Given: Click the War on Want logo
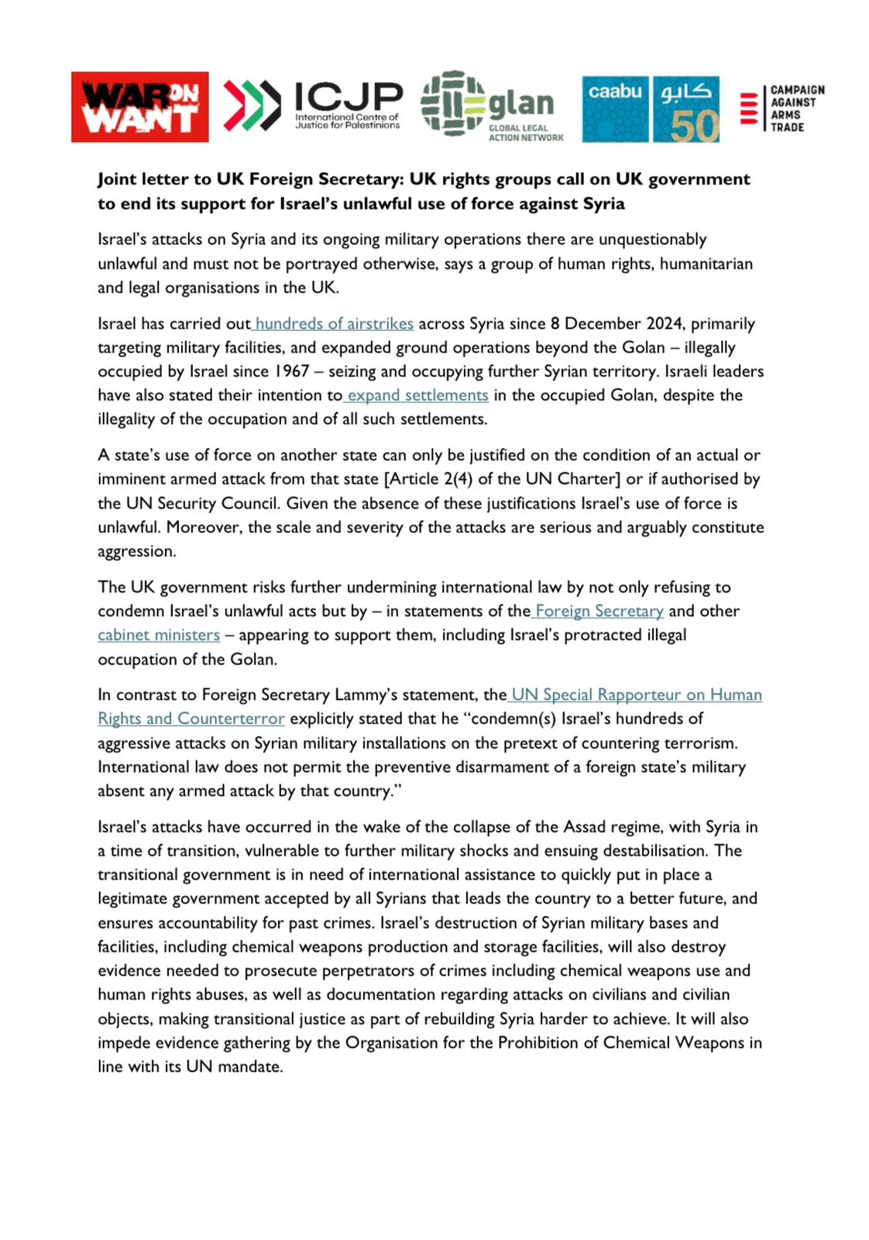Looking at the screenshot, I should coord(140,107).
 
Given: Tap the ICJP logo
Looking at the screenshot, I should coord(313,105).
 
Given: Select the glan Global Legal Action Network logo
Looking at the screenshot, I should coord(492,106).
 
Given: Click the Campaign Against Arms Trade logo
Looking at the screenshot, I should coord(782,108).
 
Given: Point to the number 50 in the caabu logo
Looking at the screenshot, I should coord(694,124).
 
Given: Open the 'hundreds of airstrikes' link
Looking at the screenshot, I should coord(334,323).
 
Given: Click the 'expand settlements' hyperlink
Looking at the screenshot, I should coord(417,395).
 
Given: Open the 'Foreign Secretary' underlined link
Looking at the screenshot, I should coord(599,611).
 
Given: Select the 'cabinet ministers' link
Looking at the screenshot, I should coord(159,635).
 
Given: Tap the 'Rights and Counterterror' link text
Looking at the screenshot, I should coord(191,718).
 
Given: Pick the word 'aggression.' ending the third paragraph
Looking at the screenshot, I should coord(137,551).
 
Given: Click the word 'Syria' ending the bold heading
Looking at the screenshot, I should coord(603,204).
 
